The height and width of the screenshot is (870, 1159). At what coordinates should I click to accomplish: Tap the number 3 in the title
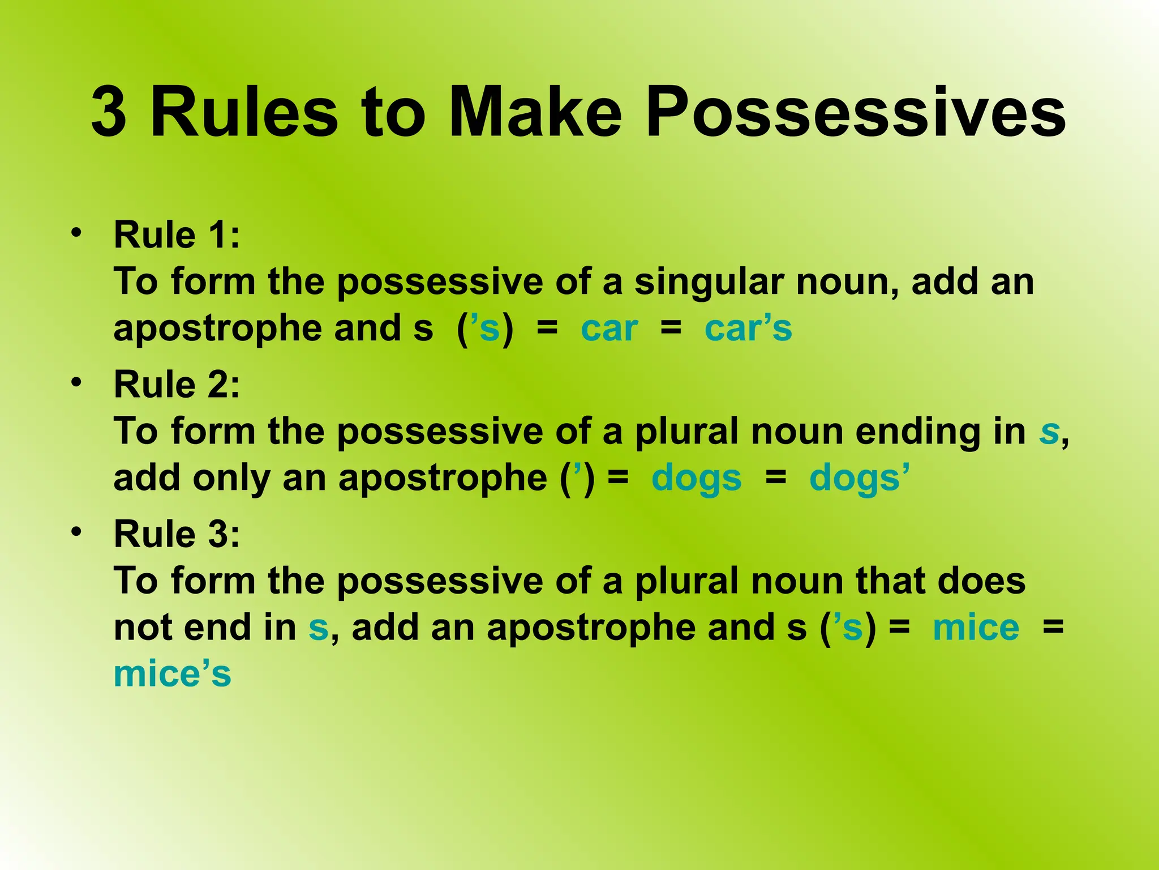pos(109,112)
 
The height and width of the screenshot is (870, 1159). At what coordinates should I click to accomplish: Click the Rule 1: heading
pos(177,235)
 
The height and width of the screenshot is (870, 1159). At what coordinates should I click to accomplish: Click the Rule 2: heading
pos(177,385)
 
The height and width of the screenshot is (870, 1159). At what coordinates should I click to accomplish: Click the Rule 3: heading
pos(177,534)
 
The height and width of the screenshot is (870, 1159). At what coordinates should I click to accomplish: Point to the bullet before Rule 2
pos(76,382)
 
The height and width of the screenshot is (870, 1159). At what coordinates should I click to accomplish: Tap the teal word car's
pos(748,329)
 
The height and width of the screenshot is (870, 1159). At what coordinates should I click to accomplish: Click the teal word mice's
pos(173,675)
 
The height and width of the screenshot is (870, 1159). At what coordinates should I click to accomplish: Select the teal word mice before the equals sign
pos(976,628)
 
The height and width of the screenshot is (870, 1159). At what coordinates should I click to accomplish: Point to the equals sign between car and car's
pos(671,328)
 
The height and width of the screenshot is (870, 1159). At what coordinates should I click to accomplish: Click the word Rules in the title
pos(244,112)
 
